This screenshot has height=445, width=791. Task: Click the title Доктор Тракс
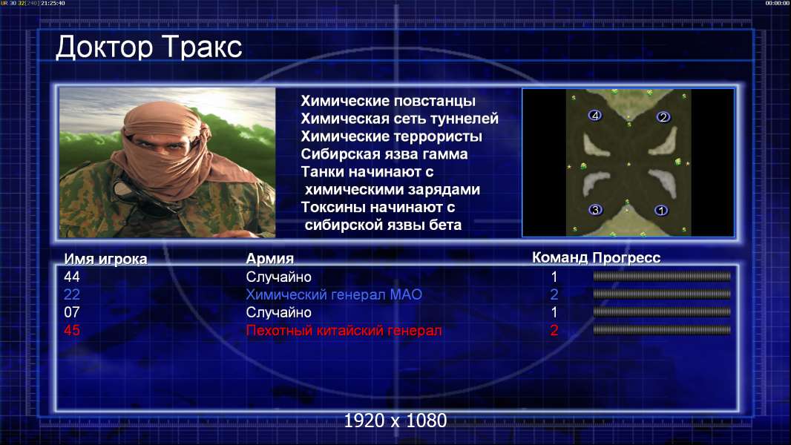tap(149, 47)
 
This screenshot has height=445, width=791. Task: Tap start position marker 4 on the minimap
tap(595, 116)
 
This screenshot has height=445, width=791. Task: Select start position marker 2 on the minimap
tap(663, 117)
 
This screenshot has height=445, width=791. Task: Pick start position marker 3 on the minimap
tap(595, 210)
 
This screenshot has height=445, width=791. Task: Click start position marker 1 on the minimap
tap(661, 210)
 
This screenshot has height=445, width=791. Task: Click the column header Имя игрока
tap(105, 259)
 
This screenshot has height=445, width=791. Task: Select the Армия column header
tap(269, 259)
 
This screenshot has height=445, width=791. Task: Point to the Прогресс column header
tap(626, 257)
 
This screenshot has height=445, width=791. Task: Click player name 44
tap(72, 277)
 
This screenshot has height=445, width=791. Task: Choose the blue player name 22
tap(72, 294)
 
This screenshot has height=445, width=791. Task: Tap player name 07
tap(72, 312)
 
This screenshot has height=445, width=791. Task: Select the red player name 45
tap(72, 331)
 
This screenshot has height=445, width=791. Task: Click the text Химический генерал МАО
tap(334, 294)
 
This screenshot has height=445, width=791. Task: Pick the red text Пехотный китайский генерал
tap(344, 331)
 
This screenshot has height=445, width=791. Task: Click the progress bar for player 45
tap(662, 330)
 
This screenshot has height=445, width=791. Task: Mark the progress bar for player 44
tap(662, 276)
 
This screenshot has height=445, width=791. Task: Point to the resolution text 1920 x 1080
tap(395, 421)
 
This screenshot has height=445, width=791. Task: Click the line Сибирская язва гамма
tap(384, 154)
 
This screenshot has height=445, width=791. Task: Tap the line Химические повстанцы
tap(388, 101)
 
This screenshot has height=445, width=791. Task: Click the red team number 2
tap(554, 331)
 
